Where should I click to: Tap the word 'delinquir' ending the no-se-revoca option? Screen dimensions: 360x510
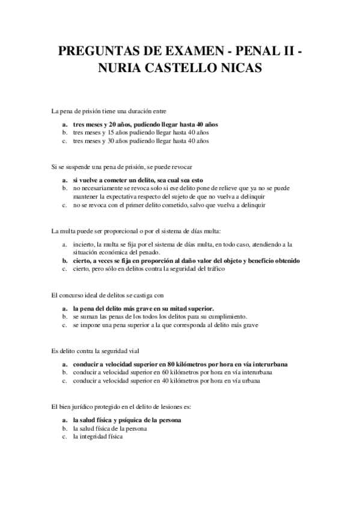tap(252, 204)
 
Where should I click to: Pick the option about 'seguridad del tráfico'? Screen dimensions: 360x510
tap(148, 269)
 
